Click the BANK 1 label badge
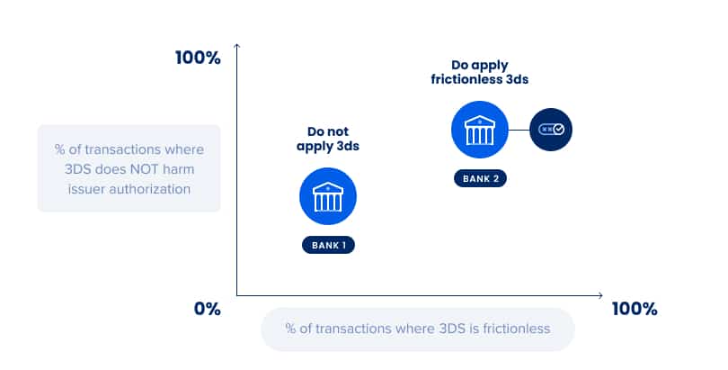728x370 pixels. tap(328, 245)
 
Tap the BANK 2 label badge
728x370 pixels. tap(480, 178)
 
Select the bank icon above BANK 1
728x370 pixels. tap(328, 196)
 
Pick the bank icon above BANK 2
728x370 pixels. tap(480, 130)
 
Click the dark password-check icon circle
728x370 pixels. tap(551, 130)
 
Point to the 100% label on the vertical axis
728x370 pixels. tap(198, 59)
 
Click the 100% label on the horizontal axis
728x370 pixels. tap(635, 309)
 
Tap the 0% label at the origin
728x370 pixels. tap(207, 309)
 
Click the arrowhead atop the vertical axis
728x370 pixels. tap(236, 45)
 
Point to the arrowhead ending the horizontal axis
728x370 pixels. tap(600, 295)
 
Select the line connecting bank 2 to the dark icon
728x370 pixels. tap(519, 130)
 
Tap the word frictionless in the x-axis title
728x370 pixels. tap(516, 329)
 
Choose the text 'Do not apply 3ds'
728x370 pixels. tap(328, 139)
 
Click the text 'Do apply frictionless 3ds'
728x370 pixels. tap(480, 72)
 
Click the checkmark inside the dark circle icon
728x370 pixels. tap(559, 130)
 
